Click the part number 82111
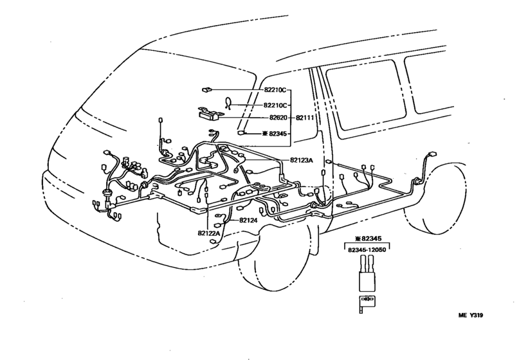[x=305, y=119]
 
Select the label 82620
[x=275, y=119]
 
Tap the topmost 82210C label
[x=275, y=91]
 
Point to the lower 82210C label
[x=275, y=105]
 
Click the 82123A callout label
[x=302, y=161]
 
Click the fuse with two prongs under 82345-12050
[x=367, y=273]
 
